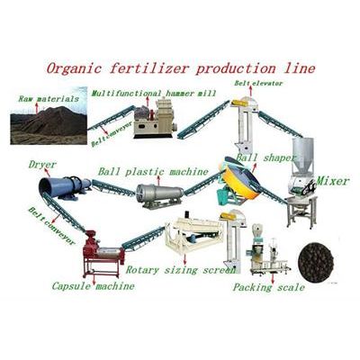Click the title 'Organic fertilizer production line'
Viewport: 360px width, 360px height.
pyautogui.click(x=181, y=68)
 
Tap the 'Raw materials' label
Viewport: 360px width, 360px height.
pyautogui.click(x=49, y=99)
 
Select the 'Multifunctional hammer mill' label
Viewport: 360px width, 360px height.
pyautogui.click(x=154, y=94)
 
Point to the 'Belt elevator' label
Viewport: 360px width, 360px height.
pyautogui.click(x=258, y=83)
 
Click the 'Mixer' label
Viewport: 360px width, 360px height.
pyautogui.click(x=333, y=181)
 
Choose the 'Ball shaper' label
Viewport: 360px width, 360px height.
pyautogui.click(x=265, y=157)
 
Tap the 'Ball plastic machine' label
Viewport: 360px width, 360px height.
pyautogui.click(x=153, y=172)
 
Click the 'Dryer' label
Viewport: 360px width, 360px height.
pyautogui.click(x=42, y=165)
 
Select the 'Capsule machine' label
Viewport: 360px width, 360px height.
pyautogui.click(x=93, y=286)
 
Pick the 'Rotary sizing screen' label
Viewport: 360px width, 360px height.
pyautogui.click(x=180, y=270)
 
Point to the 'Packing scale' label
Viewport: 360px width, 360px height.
pyautogui.click(x=269, y=287)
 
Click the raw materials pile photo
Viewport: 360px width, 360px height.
pyautogui.click(x=49, y=116)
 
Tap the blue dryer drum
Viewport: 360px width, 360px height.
pyautogui.click(x=65, y=187)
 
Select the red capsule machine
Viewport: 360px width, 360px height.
pyautogui.click(x=103, y=254)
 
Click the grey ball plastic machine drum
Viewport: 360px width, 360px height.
pyautogui.click(x=159, y=195)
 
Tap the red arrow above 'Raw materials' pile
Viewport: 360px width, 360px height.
pyautogui.click(x=37, y=108)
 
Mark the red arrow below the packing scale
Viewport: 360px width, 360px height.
pyautogui.click(x=273, y=277)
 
